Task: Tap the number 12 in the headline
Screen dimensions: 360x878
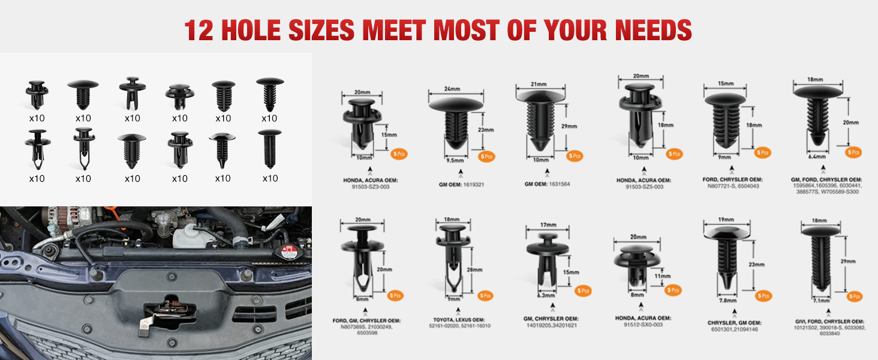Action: coord(199,30)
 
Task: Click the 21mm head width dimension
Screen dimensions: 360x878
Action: coord(538,85)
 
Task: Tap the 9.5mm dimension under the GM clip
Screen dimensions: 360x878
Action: coord(455,161)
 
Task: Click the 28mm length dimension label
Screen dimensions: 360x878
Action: coord(474,270)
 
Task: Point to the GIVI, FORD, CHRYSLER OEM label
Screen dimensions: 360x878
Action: coord(829,320)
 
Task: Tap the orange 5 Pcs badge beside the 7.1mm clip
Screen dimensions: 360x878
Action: coord(855,296)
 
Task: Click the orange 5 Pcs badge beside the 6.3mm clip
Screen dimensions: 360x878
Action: coord(582,291)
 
